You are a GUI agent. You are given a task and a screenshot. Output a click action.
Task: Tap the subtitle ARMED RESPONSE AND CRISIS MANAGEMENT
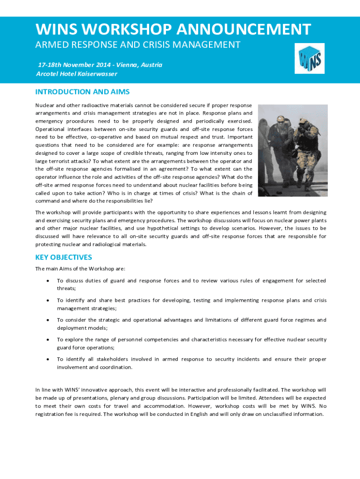pyautogui.click(x=138, y=45)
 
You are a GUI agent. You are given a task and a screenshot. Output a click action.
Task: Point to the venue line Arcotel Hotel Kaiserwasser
pyautogui.click(x=77, y=74)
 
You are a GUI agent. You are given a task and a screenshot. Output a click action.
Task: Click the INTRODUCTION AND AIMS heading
pyautogui.click(x=82, y=92)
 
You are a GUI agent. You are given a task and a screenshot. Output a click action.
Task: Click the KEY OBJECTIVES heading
pyautogui.click(x=64, y=257)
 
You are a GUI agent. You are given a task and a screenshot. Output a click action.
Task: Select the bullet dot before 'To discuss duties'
pyautogui.click(x=49, y=281)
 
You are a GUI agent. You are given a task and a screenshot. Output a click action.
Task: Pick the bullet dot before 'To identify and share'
pyautogui.click(x=49, y=300)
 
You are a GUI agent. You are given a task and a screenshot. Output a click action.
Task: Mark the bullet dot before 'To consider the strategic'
pyautogui.click(x=49, y=320)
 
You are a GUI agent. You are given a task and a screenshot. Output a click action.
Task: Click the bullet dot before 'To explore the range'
pyautogui.click(x=49, y=340)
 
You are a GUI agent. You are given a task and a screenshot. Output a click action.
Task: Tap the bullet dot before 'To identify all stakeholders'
pyautogui.click(x=49, y=359)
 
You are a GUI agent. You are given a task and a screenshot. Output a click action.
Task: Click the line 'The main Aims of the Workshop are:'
pyautogui.click(x=80, y=269)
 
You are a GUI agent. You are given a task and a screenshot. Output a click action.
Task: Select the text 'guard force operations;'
pyautogui.click(x=84, y=348)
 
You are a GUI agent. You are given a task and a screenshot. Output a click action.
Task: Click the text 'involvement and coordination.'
pyautogui.click(x=94, y=367)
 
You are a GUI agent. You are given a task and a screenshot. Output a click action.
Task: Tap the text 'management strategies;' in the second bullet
pyautogui.click(x=86, y=308)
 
